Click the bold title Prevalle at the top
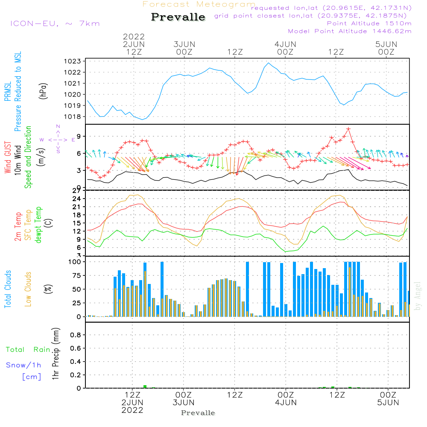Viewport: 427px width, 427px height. pyautogui.click(x=178, y=17)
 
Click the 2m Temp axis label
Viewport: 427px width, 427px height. pyautogui.click(x=18, y=226)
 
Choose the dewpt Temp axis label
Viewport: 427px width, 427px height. pyautogui.click(x=38, y=225)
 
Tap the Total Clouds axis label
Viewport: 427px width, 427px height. pyautogui.click(x=8, y=289)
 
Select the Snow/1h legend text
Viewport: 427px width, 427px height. pyautogui.click(x=23, y=365)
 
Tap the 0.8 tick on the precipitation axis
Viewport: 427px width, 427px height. pyautogui.click(x=76, y=335)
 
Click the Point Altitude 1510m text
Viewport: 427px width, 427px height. pyautogui.click(x=369, y=23)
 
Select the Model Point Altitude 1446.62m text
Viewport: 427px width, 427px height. pyautogui.click(x=349, y=31)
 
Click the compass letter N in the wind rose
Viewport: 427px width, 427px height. pyautogui.click(x=58, y=126)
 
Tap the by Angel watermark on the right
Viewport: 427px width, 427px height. pyautogui.click(x=418, y=295)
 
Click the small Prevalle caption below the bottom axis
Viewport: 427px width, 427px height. pyautogui.click(x=198, y=413)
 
